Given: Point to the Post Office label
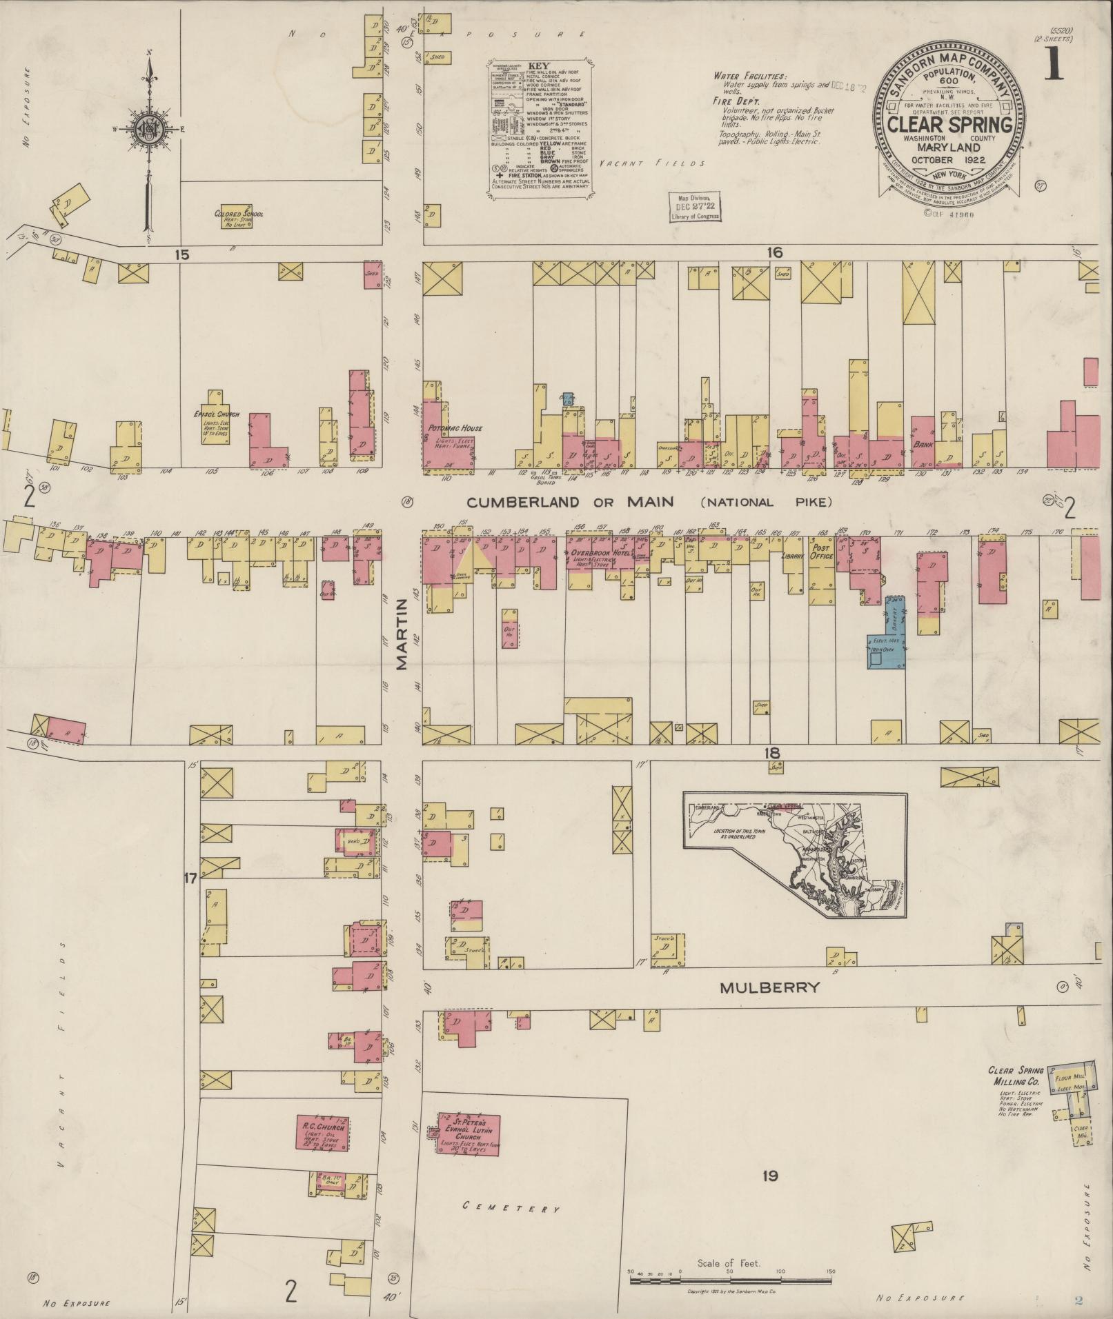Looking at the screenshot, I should point(822,552).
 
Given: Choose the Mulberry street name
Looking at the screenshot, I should point(770,987).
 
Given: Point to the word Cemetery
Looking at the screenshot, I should point(511,1207).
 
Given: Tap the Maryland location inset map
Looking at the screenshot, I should point(794,852).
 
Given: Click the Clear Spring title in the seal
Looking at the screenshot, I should point(949,125).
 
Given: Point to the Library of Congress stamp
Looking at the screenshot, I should point(694,207).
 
